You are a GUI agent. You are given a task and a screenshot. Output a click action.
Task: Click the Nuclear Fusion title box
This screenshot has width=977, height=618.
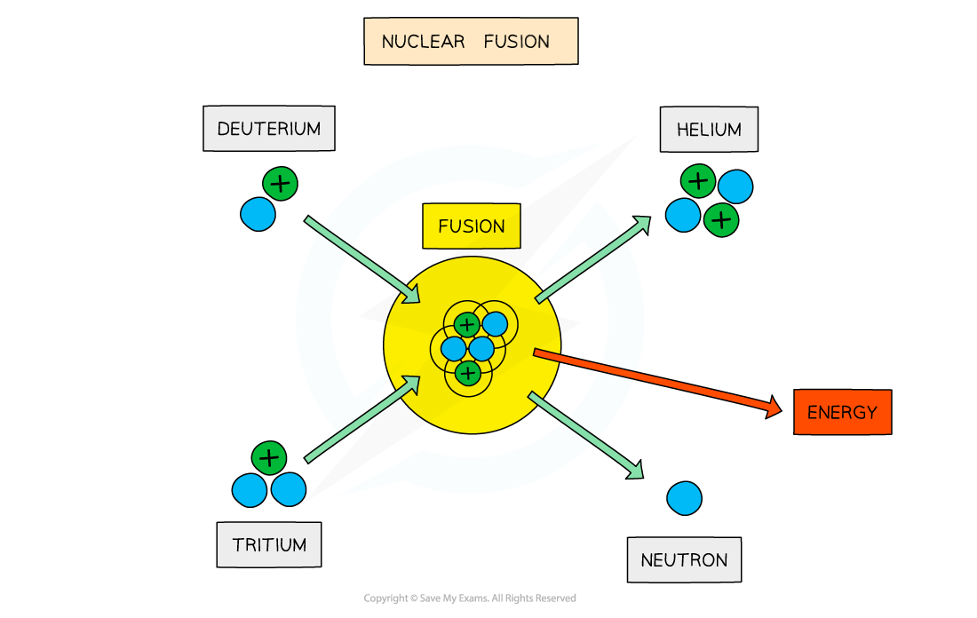pyautogui.click(x=471, y=42)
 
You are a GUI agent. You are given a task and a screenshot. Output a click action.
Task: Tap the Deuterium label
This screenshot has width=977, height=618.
pyautogui.click(x=268, y=129)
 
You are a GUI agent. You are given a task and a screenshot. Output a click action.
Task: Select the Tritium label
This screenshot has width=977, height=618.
pyautogui.click(x=269, y=544)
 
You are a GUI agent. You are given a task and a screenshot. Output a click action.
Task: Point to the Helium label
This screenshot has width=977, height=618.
pyautogui.click(x=709, y=130)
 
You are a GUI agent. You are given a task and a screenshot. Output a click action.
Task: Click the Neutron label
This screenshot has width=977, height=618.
pyautogui.click(x=684, y=560)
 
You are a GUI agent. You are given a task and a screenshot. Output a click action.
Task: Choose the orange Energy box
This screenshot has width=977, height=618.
pyautogui.click(x=842, y=412)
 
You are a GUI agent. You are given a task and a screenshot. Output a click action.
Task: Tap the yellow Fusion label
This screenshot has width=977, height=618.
pyautogui.click(x=472, y=226)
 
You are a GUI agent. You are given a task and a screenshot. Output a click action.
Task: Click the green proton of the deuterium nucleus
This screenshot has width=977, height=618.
pyautogui.click(x=281, y=184)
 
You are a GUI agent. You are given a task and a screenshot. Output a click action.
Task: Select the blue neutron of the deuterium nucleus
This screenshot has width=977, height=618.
pyautogui.click(x=258, y=214)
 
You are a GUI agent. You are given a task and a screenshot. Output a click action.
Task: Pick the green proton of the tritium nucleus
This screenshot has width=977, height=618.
pyautogui.click(x=269, y=458)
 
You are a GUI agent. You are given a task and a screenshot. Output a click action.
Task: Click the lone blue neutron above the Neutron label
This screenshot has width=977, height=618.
pyautogui.click(x=685, y=498)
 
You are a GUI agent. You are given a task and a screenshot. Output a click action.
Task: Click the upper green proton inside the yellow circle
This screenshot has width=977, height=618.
pyautogui.click(x=466, y=325)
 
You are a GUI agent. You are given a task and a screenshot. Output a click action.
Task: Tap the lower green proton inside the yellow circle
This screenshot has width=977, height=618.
pyautogui.click(x=467, y=373)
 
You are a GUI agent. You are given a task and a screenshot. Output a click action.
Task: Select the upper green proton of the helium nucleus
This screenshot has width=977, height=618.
pyautogui.click(x=699, y=182)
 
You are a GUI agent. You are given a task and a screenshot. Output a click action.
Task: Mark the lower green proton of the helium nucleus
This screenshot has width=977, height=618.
pyautogui.click(x=721, y=219)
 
